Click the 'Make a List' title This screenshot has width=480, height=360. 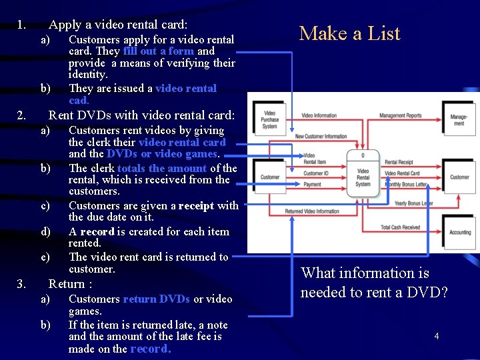click(349, 33)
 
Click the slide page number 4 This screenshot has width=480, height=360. click(436, 337)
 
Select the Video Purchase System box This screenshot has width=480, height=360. click(269, 120)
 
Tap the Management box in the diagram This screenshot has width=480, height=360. click(458, 120)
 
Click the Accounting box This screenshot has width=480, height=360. click(459, 233)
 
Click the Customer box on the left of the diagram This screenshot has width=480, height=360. click(270, 177)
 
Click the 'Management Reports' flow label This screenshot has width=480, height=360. click(400, 116)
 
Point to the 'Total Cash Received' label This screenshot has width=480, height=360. click(400, 227)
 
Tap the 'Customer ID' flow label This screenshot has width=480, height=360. click(315, 173)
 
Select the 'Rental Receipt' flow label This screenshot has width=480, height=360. click(399, 163)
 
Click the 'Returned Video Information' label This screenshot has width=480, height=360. click(312, 211)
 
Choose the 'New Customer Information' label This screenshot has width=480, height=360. click(321, 137)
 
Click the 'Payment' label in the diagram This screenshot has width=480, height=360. click(312, 185)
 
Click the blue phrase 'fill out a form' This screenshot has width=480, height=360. click(159, 51)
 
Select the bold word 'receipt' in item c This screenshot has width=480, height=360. click(196, 206)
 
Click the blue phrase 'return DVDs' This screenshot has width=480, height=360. click(157, 299)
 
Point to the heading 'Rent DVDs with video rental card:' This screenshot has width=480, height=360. click(141, 115)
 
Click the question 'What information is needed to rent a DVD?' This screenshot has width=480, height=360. click(373, 282)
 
